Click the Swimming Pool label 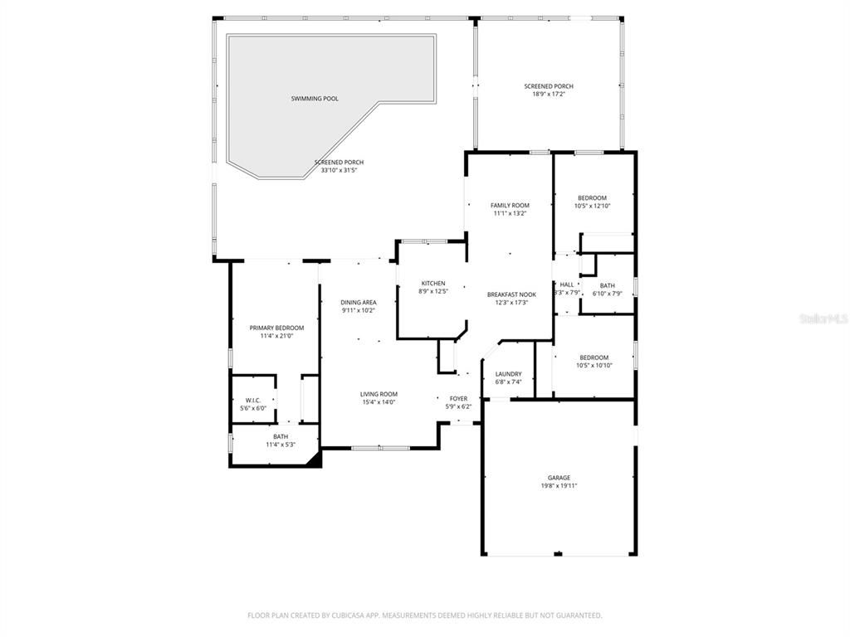[x=315, y=99]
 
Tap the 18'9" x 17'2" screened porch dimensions [x=548, y=95]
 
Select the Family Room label [x=510, y=205]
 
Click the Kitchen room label [x=433, y=283]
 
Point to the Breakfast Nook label [x=511, y=294]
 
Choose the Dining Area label [x=359, y=302]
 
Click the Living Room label [x=379, y=394]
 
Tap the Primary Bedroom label [x=276, y=328]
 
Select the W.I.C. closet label [x=253, y=400]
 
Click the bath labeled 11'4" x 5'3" [x=281, y=445]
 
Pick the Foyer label [x=458, y=399]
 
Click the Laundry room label [x=508, y=374]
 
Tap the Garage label [x=559, y=478]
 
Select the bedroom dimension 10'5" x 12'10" [x=593, y=207]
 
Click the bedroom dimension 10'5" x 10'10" [x=594, y=366]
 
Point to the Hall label [x=567, y=284]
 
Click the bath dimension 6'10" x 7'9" [x=607, y=294]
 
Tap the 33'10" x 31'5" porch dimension [x=339, y=171]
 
